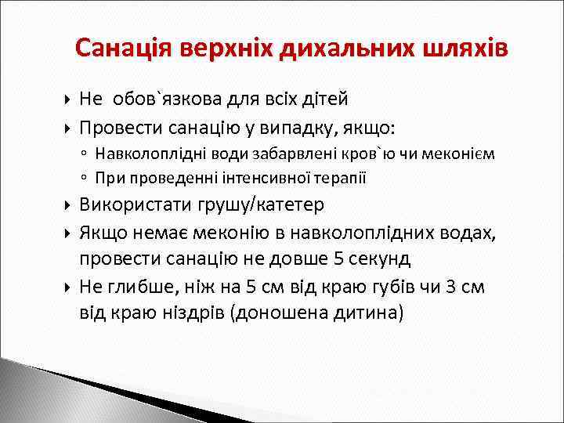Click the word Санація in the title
click(124, 49)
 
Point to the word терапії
click(338, 178)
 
